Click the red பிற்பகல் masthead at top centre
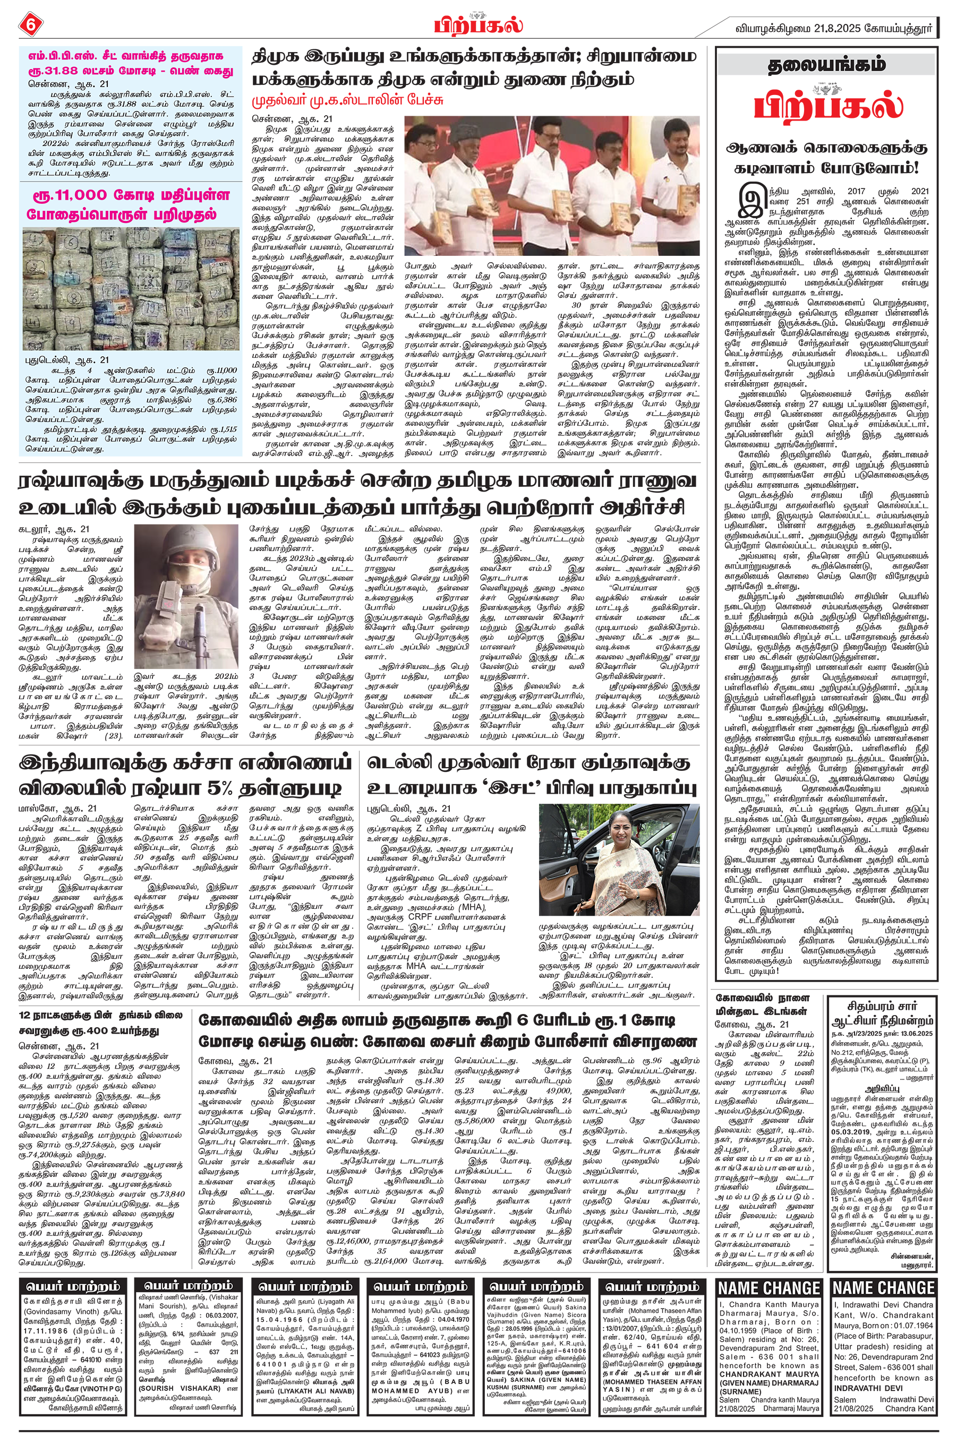[x=479, y=25]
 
